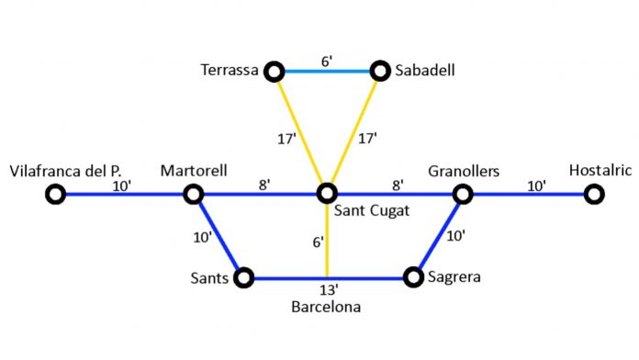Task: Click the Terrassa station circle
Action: (273, 71)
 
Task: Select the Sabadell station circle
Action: (380, 71)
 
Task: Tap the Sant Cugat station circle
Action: (326, 194)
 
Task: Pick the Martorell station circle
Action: (193, 194)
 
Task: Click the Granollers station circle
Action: (463, 194)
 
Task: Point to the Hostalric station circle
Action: (594, 194)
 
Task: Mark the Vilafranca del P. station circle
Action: (56, 194)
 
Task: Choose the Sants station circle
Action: (244, 277)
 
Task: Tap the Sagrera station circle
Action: (413, 277)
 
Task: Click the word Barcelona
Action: (326, 308)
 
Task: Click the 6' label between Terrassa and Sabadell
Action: (326, 60)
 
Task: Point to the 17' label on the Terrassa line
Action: (286, 139)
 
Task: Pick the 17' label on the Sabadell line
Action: (367, 139)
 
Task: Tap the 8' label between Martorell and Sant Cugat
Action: (264, 184)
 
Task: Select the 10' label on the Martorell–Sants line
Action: (203, 237)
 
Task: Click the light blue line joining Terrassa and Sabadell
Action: (326, 71)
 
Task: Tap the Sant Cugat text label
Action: (371, 212)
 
